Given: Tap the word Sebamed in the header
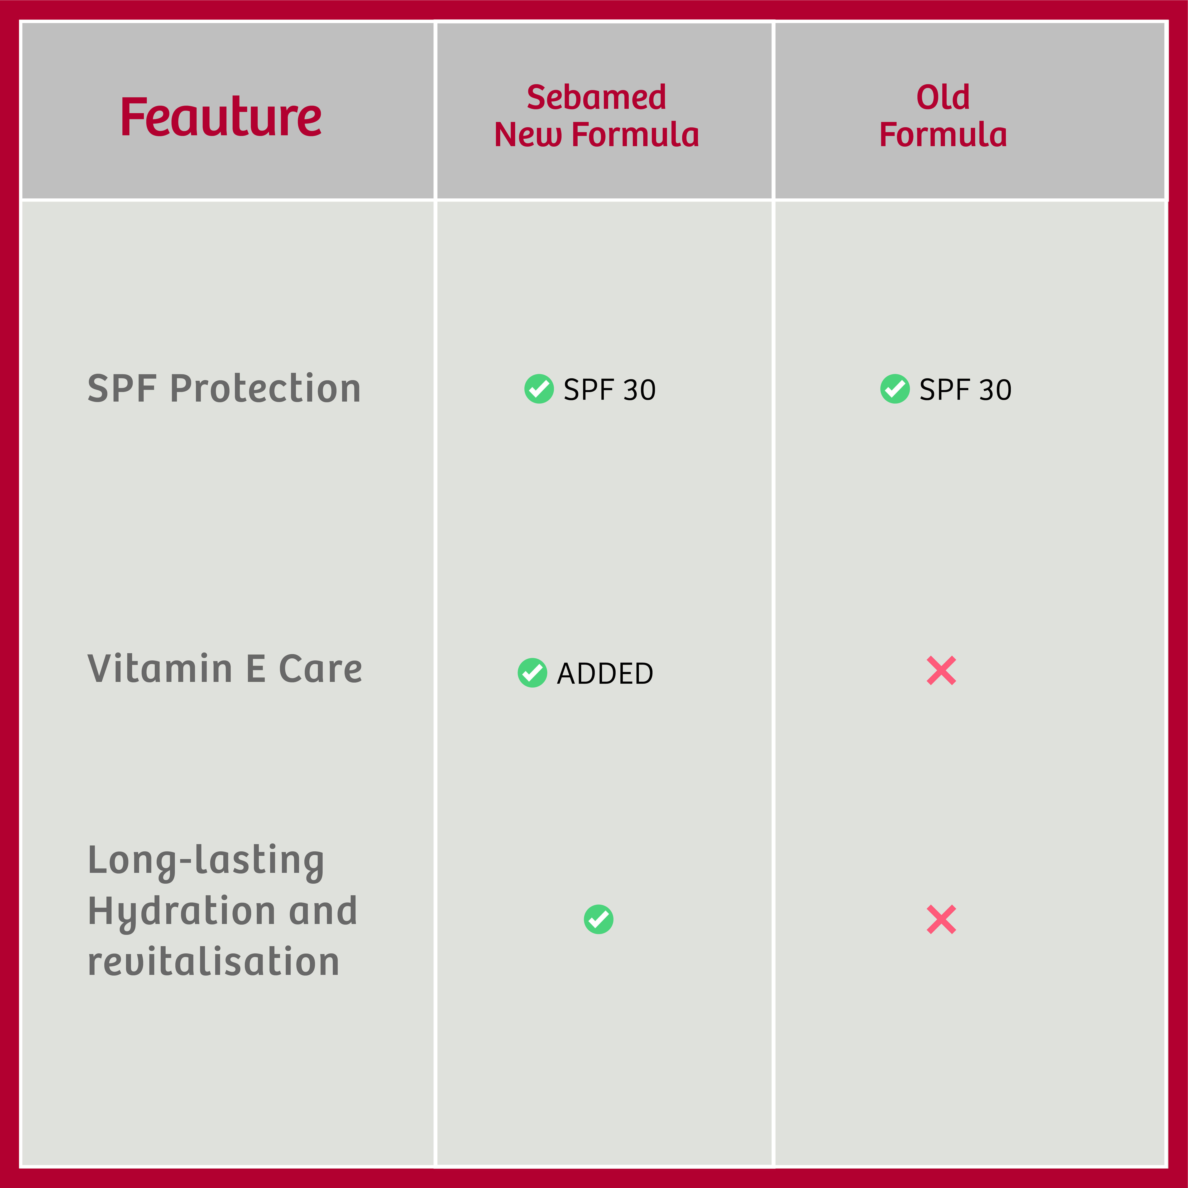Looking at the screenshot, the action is click(x=596, y=97).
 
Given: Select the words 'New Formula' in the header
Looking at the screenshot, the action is click(x=596, y=135).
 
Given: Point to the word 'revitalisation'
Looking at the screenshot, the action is click(x=213, y=962).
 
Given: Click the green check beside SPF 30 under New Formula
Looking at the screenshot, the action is click(x=539, y=389).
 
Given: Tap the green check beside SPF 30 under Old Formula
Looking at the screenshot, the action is click(x=895, y=389).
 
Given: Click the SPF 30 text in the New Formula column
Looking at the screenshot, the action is click(x=609, y=389).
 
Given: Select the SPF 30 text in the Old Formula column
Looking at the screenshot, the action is click(x=965, y=389).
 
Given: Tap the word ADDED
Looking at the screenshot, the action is click(x=605, y=673).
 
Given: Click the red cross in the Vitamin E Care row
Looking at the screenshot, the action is click(x=941, y=670).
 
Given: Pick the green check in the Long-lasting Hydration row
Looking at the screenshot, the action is click(x=598, y=919).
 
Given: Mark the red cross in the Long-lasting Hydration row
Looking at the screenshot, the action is click(x=941, y=919).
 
